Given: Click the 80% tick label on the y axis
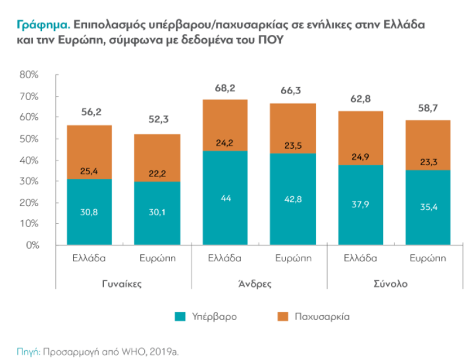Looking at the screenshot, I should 30,75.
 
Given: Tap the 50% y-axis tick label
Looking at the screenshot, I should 30,139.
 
